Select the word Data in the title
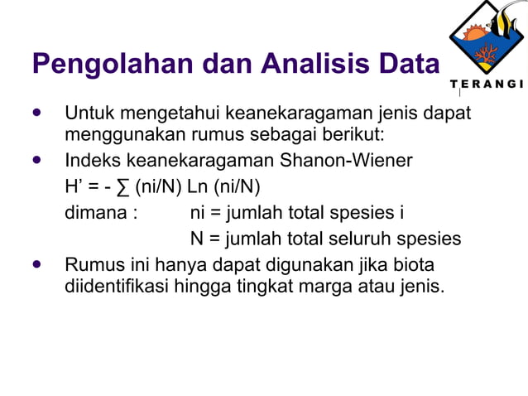(411, 64)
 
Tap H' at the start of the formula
(74, 186)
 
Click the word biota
(414, 266)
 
